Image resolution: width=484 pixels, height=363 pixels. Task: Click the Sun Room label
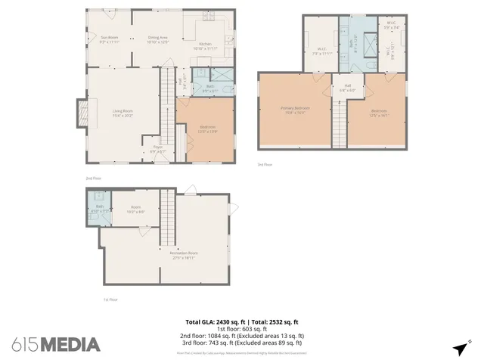[x=110, y=38]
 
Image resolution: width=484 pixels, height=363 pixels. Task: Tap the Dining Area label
[x=157, y=38]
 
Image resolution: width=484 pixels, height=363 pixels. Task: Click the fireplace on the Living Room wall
[x=81, y=114]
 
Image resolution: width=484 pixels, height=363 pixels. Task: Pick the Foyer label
[x=157, y=147]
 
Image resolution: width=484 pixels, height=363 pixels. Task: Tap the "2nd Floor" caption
[x=93, y=178]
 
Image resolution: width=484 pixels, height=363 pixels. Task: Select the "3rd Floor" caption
[x=265, y=164]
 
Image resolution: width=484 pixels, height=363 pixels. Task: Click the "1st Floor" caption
[x=110, y=299]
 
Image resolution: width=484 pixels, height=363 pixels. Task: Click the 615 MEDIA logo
[x=56, y=344]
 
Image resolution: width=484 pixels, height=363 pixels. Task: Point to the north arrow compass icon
[x=460, y=349]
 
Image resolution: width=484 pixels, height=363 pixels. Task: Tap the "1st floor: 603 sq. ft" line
[x=242, y=329]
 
